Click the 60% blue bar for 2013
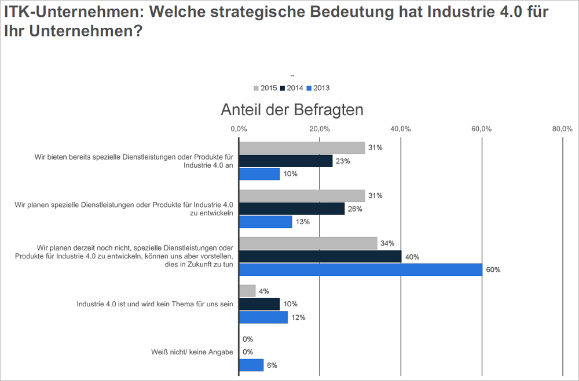360,269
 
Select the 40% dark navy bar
320,256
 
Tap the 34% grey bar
308,243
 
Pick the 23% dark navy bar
285,161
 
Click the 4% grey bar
247,291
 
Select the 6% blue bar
251,365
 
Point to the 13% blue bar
265,222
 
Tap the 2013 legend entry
318,88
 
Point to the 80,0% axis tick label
562,128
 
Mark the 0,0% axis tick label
239,128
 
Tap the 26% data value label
355,209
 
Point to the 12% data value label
298,317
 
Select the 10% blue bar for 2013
259,174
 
